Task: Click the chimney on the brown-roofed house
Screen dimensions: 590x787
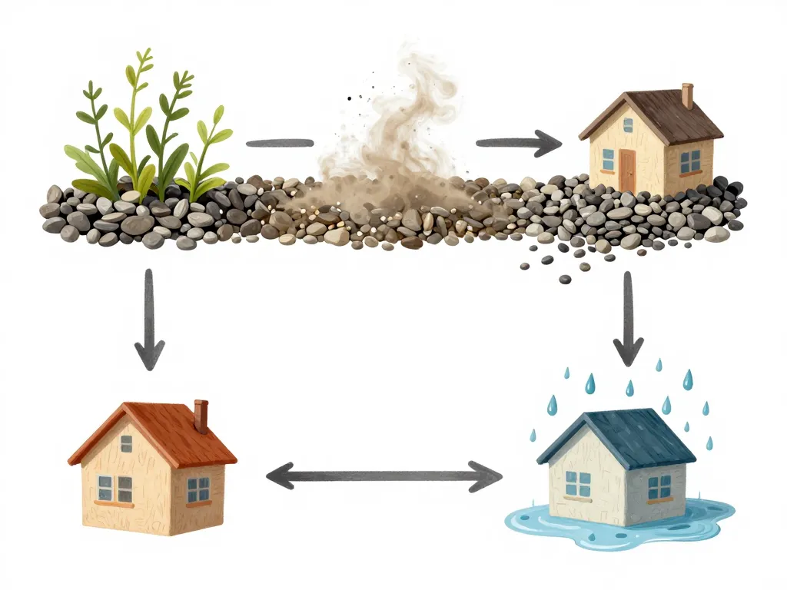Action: (686, 95)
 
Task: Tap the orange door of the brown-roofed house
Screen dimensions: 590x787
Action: (627, 170)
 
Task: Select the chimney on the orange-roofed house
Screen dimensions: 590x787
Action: (201, 416)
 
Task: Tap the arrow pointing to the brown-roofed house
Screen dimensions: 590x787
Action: (517, 142)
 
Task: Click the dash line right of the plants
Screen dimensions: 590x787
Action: (279, 142)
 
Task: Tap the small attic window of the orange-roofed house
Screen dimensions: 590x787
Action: (126, 443)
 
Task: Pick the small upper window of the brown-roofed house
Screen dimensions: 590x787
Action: (627, 124)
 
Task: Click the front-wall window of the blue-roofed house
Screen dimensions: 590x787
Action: (578, 483)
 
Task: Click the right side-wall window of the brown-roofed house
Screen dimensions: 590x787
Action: (689, 161)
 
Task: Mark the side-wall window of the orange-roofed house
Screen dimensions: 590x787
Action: (198, 489)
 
